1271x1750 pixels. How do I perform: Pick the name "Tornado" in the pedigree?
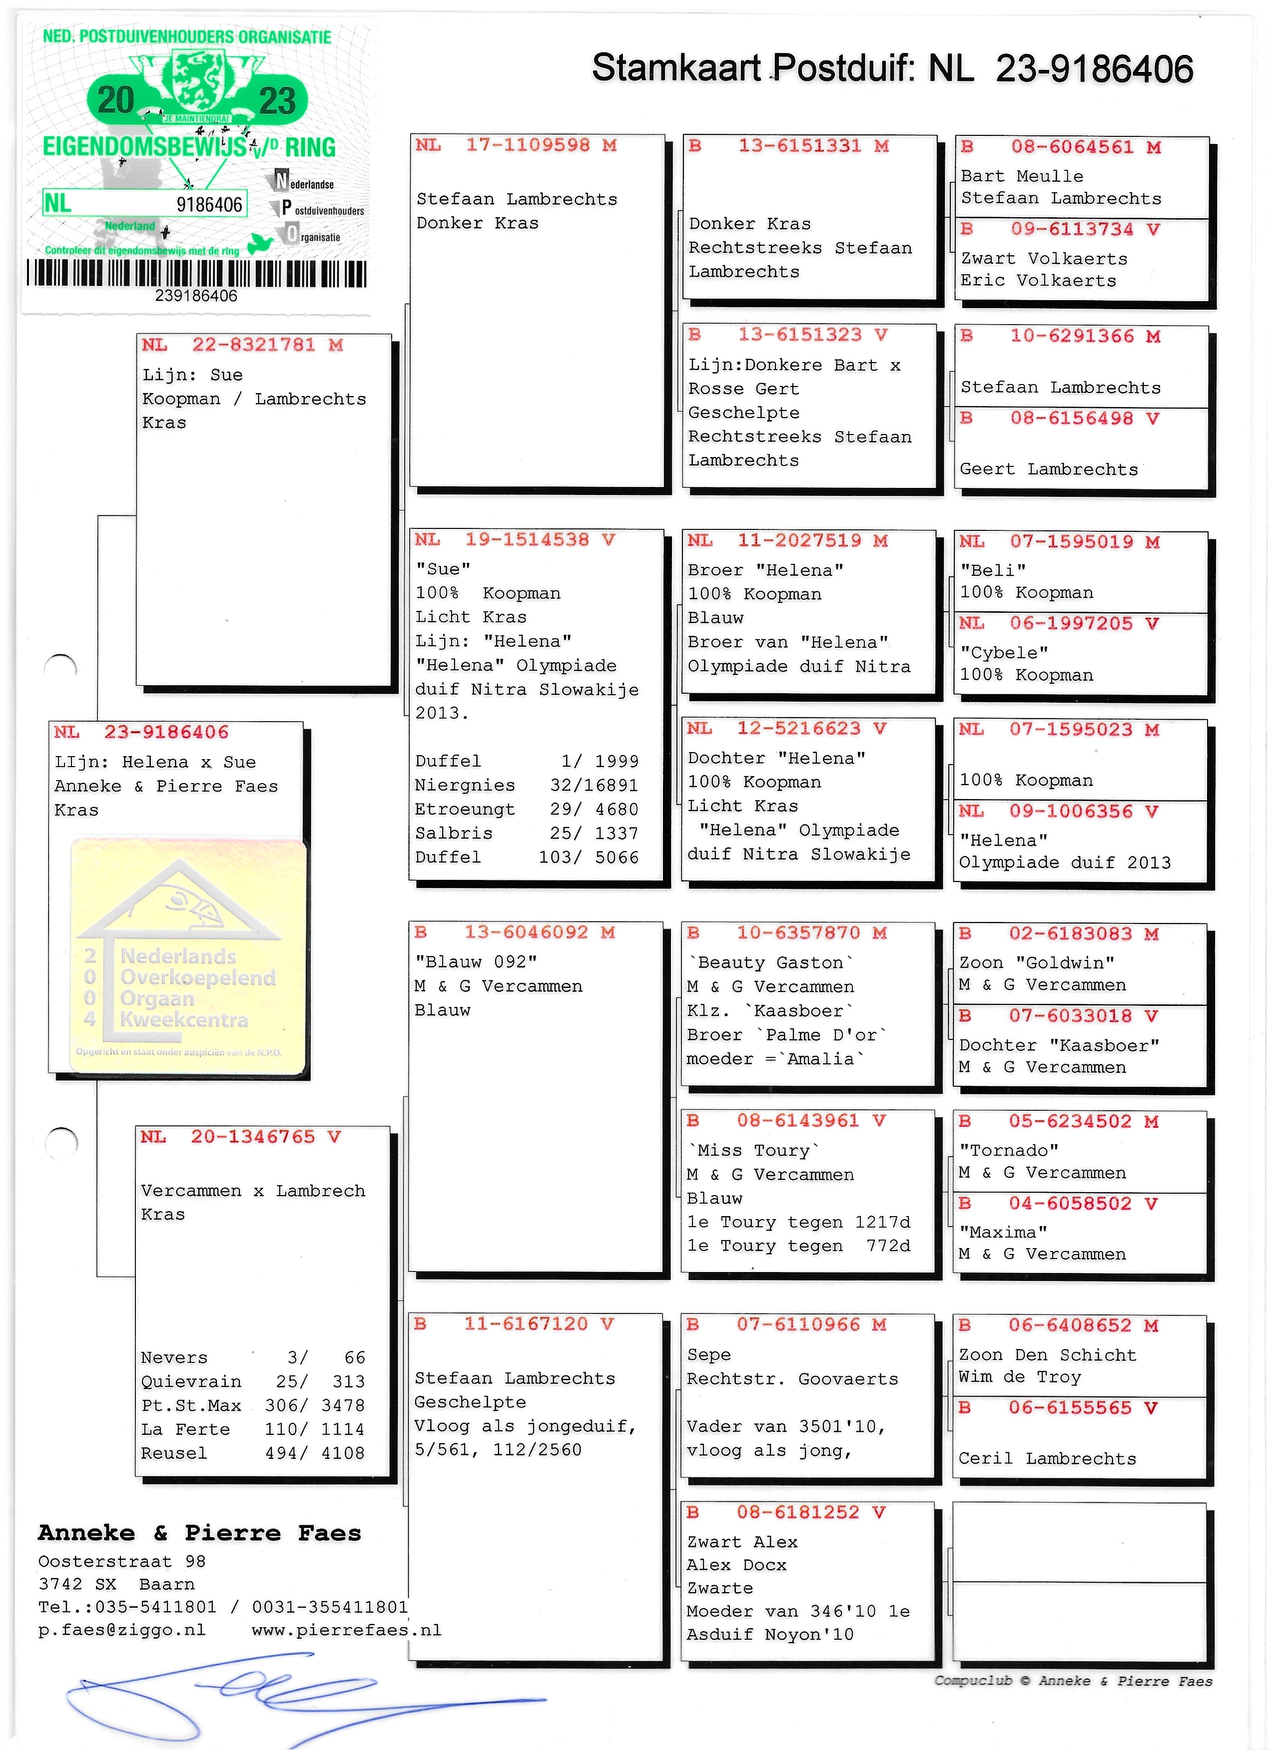tap(1009, 1151)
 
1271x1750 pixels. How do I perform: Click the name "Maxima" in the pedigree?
tap(1003, 1232)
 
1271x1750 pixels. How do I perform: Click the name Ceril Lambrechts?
tap(1047, 1458)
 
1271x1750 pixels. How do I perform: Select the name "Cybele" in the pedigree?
tap(1003, 653)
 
